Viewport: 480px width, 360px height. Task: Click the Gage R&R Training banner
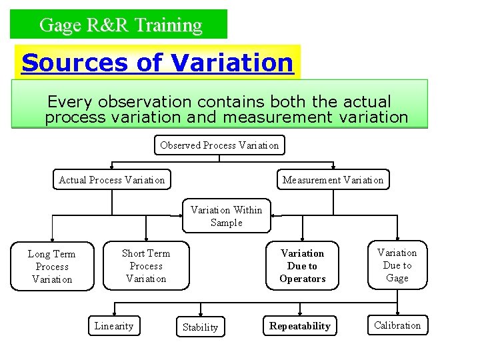(x=119, y=25)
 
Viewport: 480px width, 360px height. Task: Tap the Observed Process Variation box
(x=219, y=145)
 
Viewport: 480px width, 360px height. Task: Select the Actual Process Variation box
(x=111, y=180)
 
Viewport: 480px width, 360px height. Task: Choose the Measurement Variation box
(x=333, y=180)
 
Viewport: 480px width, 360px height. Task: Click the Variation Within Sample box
(x=226, y=216)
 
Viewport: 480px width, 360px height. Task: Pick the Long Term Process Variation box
(x=52, y=266)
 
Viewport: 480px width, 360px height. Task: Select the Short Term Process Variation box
(x=145, y=265)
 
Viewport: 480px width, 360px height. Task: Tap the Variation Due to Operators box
(x=302, y=265)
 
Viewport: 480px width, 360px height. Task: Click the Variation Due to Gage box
(x=397, y=265)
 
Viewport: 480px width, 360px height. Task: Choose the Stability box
(x=200, y=327)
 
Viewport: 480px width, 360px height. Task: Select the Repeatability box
(x=299, y=326)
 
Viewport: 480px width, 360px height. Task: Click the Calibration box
(x=397, y=325)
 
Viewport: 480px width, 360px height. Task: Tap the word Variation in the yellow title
(x=232, y=63)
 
